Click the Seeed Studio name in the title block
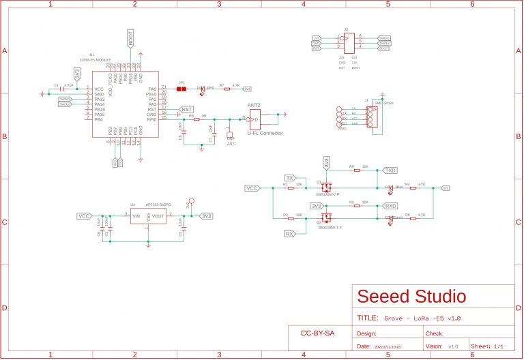[x=412, y=297]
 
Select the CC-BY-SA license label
[x=317, y=333]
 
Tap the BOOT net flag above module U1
[x=131, y=39]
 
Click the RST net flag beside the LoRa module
[x=186, y=109]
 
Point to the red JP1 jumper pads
[x=181, y=89]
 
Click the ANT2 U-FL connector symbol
[x=254, y=119]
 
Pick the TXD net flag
[x=390, y=170]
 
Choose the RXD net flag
[x=390, y=206]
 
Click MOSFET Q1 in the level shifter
[x=326, y=187]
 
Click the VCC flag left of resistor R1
[x=252, y=188]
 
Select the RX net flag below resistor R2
[x=289, y=234]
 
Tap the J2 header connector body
[x=347, y=44]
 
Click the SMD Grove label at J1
[x=384, y=102]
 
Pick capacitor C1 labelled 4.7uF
[x=62, y=89]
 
